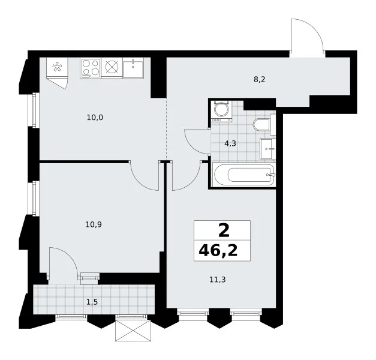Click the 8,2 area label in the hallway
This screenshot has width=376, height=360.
[x=260, y=79]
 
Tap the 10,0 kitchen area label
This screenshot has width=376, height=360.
[x=95, y=118]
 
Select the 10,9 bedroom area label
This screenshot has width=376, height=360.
[x=94, y=224]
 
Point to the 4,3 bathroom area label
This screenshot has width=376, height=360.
[x=230, y=143]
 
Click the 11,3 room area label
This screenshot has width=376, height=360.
[x=218, y=280]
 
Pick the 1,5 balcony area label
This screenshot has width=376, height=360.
[x=92, y=302]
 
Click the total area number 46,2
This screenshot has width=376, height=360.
[x=218, y=251]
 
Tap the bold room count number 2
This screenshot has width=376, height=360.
[x=224, y=230]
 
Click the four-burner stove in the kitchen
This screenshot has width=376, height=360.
[x=91, y=68]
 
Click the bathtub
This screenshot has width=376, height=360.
[x=244, y=175]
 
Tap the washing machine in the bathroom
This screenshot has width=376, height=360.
[x=221, y=110]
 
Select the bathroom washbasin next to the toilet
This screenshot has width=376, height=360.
[x=268, y=149]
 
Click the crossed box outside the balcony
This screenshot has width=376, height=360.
[x=133, y=330]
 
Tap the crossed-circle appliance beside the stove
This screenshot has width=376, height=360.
[x=112, y=67]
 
